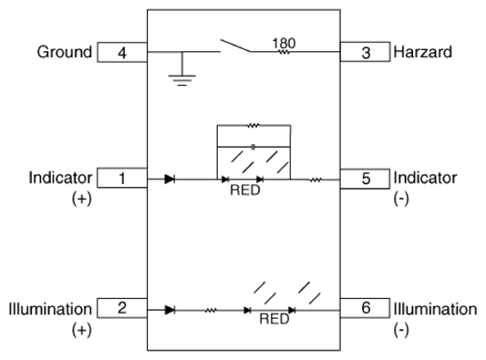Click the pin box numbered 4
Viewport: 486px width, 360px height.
(122, 52)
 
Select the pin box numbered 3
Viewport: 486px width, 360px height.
(365, 52)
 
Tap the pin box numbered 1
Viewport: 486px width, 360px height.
(122, 178)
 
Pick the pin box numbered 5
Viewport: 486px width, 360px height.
(365, 179)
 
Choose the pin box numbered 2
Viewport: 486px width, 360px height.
(122, 308)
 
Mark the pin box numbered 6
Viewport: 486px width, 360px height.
(365, 308)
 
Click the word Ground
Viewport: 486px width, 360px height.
(65, 52)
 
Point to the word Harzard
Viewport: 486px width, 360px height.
(423, 52)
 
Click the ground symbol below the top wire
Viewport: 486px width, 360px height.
(182, 80)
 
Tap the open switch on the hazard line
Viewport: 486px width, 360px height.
(235, 46)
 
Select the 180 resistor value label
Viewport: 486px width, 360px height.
(284, 44)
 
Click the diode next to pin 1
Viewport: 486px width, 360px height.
(170, 179)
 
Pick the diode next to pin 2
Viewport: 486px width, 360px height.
(170, 310)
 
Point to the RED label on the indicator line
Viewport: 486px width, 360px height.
(245, 190)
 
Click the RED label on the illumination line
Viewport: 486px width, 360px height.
(274, 319)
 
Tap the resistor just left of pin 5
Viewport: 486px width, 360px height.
(315, 180)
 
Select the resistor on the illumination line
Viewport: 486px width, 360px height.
(211, 310)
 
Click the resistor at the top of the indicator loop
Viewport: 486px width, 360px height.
(253, 126)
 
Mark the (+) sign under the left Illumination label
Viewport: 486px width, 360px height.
(82, 330)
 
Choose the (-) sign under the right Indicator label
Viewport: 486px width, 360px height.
(401, 199)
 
